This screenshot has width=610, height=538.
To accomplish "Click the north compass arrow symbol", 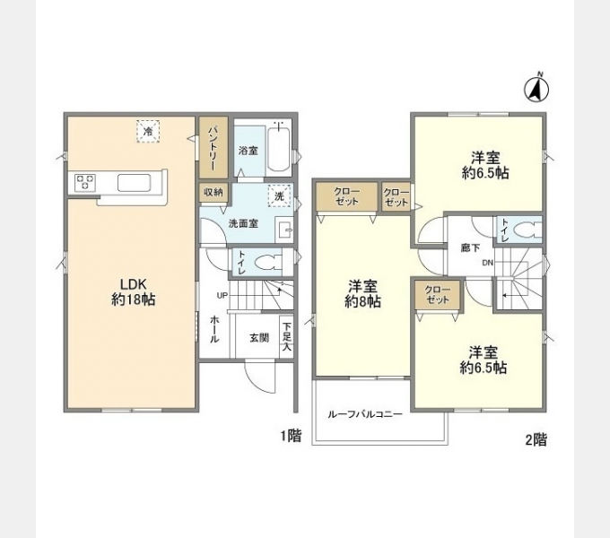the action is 536,90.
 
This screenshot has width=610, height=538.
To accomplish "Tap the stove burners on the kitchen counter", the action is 85,183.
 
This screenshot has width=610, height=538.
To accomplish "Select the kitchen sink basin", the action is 135,183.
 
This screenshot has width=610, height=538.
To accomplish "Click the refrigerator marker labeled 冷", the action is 148,132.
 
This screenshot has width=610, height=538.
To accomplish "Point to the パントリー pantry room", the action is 213,148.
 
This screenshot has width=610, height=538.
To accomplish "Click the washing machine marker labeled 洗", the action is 279,196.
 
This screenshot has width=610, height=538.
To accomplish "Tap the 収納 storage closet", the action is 213,192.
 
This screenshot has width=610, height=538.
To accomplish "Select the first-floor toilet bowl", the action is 268,262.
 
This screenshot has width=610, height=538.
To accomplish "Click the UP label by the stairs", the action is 222,296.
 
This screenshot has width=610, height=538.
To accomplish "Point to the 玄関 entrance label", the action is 259,337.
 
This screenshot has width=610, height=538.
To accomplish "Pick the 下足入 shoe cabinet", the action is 286,336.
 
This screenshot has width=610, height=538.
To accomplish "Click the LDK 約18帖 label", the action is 133,292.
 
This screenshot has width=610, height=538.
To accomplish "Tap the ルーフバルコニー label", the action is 364,414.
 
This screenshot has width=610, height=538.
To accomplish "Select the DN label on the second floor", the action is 487,263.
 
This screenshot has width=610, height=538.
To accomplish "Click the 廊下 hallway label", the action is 470,247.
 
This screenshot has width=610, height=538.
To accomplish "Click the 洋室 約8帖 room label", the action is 362,294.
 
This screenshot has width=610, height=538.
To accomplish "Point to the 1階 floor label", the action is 291,436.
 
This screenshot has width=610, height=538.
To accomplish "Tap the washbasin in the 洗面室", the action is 284,230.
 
